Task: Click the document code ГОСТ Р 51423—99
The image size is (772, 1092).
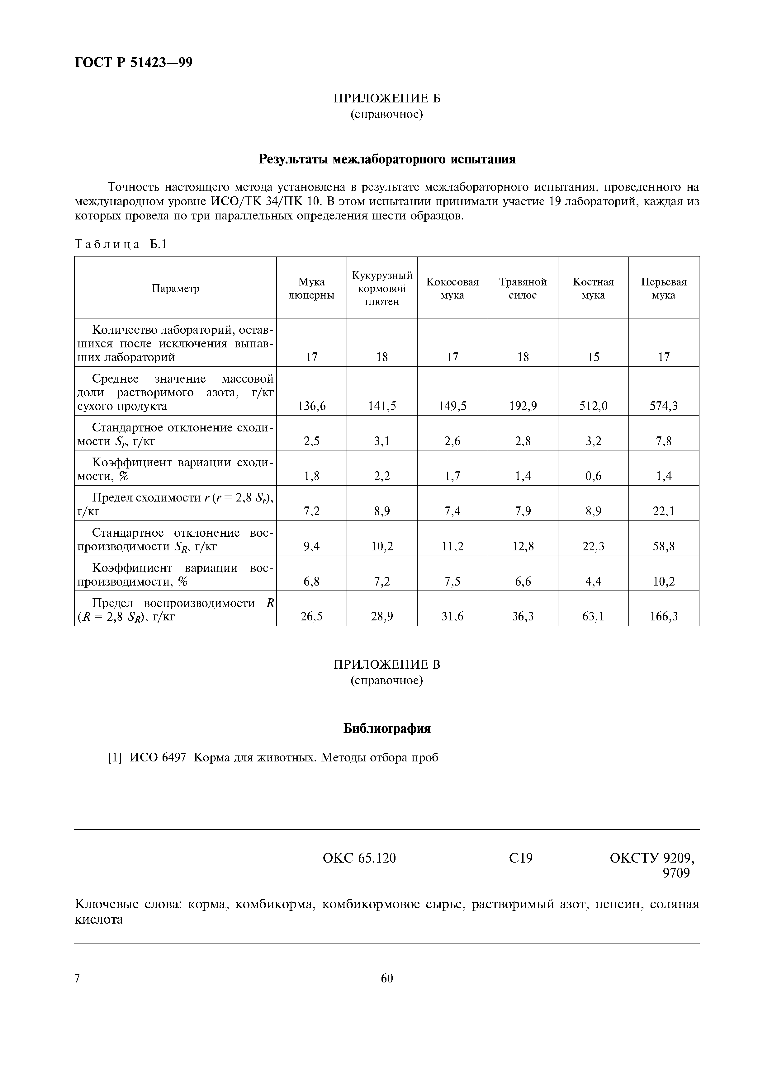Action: pyautogui.click(x=134, y=62)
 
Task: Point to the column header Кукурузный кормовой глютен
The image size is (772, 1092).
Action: pyautogui.click(x=382, y=288)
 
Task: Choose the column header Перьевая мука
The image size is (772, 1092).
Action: pyautogui.click(x=664, y=288)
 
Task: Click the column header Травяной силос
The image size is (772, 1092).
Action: pyautogui.click(x=523, y=288)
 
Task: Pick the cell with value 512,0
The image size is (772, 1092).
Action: pyautogui.click(x=593, y=406)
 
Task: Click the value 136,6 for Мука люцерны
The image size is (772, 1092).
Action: pyautogui.click(x=311, y=406)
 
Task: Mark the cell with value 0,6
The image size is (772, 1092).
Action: pyautogui.click(x=593, y=476)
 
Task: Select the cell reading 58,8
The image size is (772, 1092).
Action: pyautogui.click(x=664, y=546)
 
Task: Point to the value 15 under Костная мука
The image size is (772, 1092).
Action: pyautogui.click(x=593, y=357)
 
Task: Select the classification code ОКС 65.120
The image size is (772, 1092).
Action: pyautogui.click(x=359, y=858)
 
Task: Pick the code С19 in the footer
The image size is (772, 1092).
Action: pyautogui.click(x=520, y=858)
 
